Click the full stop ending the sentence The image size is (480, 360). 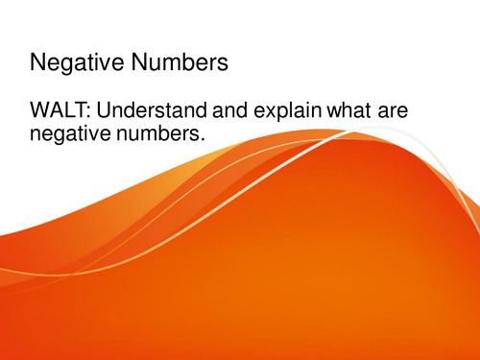[x=204, y=141]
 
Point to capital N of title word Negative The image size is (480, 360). [x=39, y=64]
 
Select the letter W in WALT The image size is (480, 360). [x=42, y=113]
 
